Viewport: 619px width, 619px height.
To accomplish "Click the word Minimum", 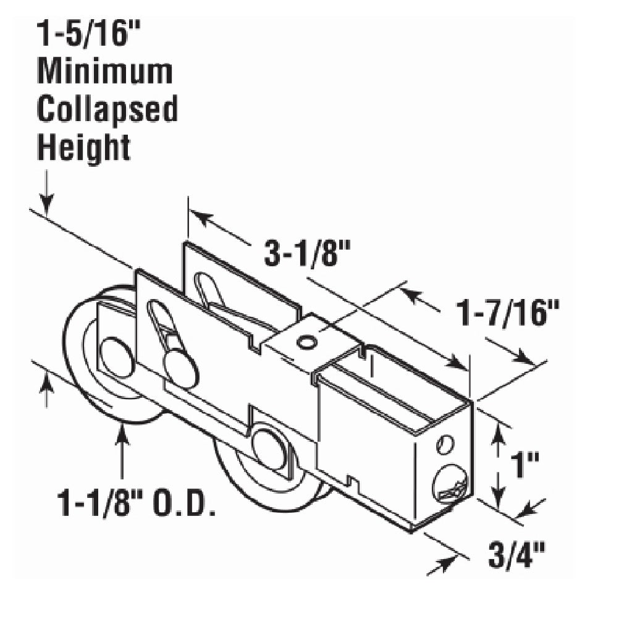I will click(104, 72).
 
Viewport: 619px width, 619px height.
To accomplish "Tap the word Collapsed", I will click(107, 109).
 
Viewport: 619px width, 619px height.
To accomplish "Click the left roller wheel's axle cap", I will click(116, 357).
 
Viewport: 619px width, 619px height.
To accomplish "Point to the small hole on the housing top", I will click(303, 341).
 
